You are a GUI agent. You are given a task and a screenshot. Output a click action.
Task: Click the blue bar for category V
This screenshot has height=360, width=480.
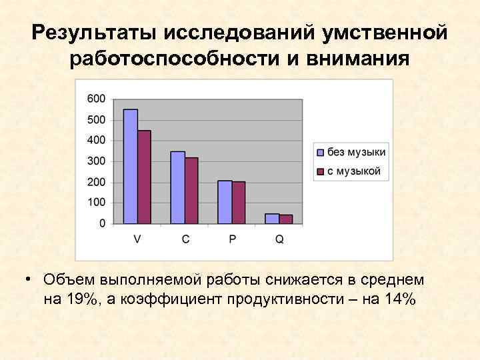131,167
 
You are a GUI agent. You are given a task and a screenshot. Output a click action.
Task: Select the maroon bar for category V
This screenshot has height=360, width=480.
144,177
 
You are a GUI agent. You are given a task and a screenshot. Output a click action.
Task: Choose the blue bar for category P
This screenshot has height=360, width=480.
225,202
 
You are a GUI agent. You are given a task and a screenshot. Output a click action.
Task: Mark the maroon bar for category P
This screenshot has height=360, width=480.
239,203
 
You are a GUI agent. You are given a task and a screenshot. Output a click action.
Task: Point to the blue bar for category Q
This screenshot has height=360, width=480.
272,219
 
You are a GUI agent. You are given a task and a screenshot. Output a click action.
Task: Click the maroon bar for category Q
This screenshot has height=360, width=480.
286,219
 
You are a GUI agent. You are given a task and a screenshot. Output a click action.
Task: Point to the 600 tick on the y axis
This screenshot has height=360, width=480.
97,99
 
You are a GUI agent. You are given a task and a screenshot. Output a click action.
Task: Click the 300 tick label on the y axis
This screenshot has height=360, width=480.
97,161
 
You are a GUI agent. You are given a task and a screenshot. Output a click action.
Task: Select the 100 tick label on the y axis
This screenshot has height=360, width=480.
97,203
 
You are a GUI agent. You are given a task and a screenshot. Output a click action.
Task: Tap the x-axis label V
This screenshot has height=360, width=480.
137,239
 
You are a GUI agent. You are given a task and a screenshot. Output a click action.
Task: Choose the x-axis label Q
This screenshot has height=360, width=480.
279,239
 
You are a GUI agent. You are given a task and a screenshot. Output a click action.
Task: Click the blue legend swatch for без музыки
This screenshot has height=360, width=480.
320,153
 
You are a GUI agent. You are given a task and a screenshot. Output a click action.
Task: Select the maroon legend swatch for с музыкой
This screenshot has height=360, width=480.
320,172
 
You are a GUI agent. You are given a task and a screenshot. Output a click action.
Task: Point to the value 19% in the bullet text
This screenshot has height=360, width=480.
81,299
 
